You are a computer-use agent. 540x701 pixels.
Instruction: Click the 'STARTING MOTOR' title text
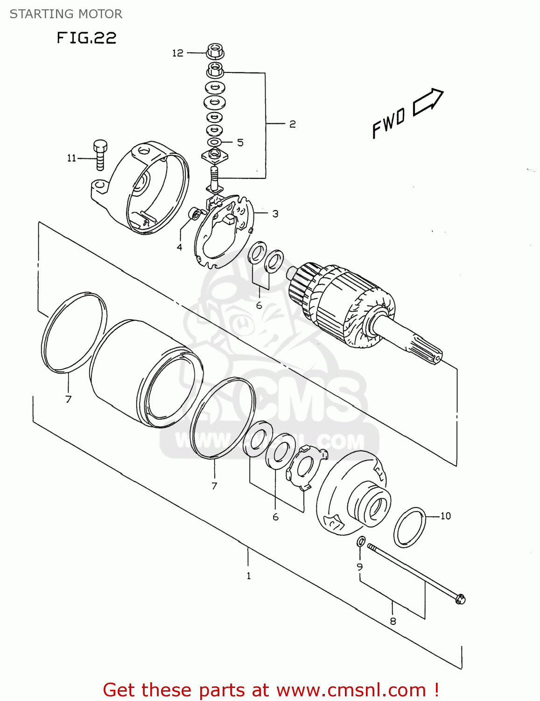click(66, 14)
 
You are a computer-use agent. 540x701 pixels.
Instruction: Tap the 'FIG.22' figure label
click(86, 38)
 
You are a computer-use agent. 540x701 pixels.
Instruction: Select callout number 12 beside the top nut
click(177, 53)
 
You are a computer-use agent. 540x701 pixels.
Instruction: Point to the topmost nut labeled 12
click(214, 50)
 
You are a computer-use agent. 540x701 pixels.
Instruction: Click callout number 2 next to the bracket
click(292, 124)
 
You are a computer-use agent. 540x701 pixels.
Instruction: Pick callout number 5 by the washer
click(240, 142)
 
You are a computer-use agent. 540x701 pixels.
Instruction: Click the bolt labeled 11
click(100, 154)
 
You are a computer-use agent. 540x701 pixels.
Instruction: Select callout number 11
click(71, 158)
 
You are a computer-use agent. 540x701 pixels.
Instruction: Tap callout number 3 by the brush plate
click(275, 214)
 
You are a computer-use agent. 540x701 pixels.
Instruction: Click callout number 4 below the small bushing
click(180, 247)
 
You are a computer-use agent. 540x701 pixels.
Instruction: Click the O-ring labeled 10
click(410, 527)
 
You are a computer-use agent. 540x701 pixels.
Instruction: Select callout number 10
click(445, 516)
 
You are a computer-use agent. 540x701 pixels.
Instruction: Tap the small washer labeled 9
click(361, 542)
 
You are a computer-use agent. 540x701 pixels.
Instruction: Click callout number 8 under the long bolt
click(393, 621)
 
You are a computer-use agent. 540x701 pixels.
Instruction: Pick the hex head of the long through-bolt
click(460, 598)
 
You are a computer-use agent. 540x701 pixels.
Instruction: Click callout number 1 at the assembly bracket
click(248, 576)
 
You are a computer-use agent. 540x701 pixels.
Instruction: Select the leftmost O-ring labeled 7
click(74, 332)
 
